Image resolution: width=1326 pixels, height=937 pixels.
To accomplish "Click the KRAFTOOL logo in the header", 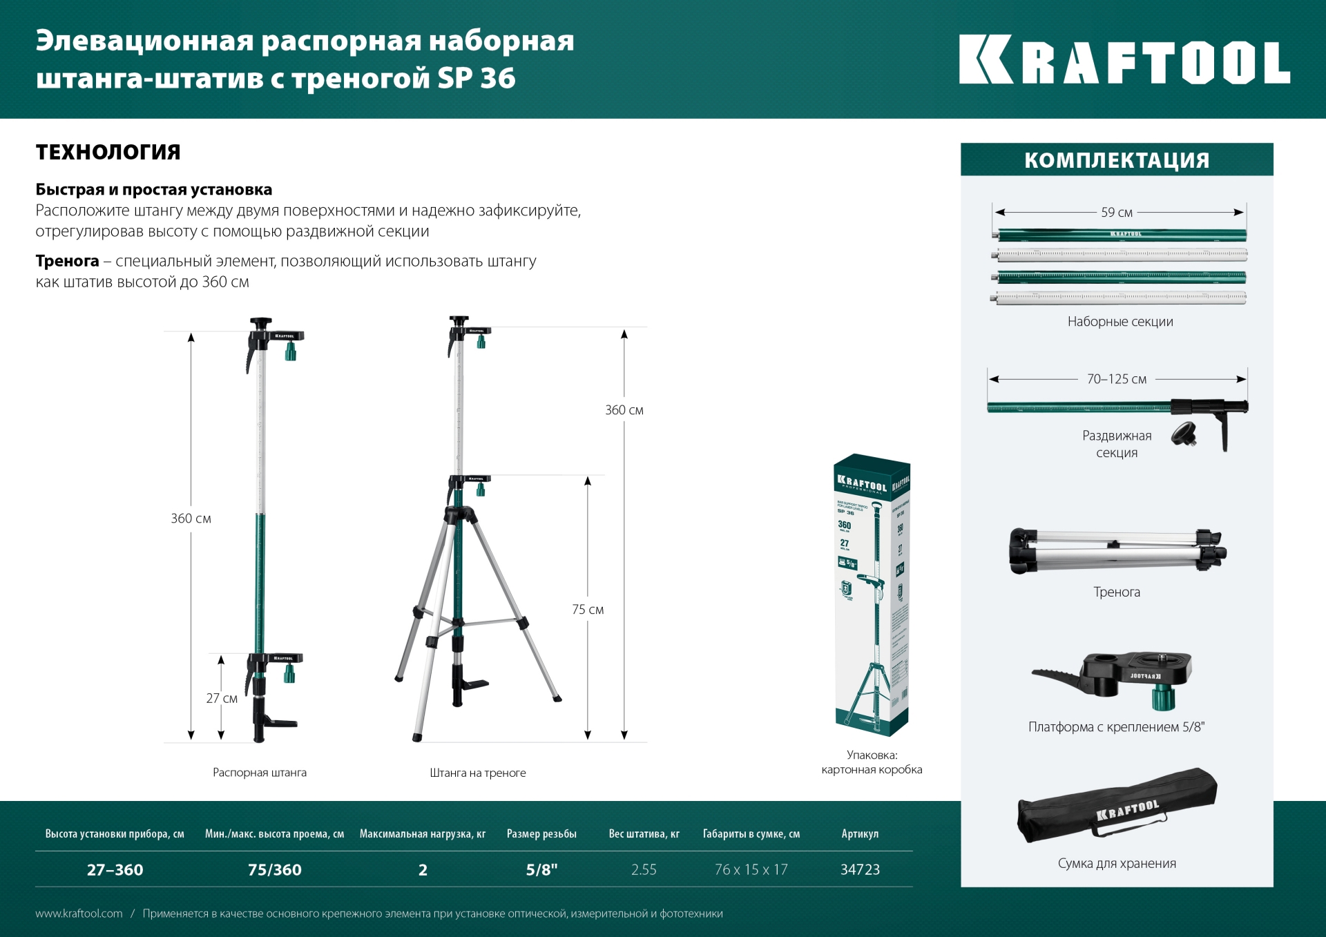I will point(1124,60).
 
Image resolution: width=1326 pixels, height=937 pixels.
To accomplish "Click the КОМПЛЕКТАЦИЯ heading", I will point(1116,160).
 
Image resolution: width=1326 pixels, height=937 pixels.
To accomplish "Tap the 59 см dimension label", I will point(1116,213).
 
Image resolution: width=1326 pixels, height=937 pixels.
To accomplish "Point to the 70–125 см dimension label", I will point(1116,379).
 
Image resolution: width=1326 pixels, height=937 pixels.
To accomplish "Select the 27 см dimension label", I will point(222,698).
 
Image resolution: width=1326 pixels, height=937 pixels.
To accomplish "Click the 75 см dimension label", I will point(587,610).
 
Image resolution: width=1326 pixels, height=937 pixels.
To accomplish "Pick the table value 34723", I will point(860,870).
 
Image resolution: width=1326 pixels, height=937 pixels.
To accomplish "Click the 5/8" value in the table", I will point(541,870).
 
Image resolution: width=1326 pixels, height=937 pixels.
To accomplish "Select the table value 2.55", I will point(644,870).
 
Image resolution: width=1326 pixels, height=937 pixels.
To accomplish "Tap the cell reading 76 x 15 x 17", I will point(751,870).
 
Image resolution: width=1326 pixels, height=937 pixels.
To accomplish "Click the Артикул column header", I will point(860,834).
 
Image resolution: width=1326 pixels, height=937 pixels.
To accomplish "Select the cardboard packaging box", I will point(872,594).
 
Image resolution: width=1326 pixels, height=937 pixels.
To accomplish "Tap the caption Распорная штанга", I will point(260,773).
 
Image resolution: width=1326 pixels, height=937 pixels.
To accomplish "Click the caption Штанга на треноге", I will point(477,773).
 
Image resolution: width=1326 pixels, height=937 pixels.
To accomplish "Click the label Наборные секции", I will point(1120,322).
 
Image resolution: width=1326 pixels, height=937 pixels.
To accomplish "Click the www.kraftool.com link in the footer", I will point(79,914).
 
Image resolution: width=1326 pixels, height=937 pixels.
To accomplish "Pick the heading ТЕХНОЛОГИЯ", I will point(108,152).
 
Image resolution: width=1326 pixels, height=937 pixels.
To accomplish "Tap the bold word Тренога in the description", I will point(67,261).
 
